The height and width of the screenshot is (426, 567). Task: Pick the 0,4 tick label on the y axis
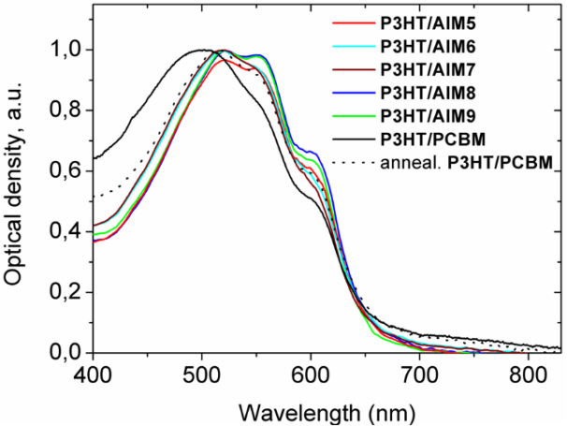65,231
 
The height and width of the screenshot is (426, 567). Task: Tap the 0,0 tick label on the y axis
65,353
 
